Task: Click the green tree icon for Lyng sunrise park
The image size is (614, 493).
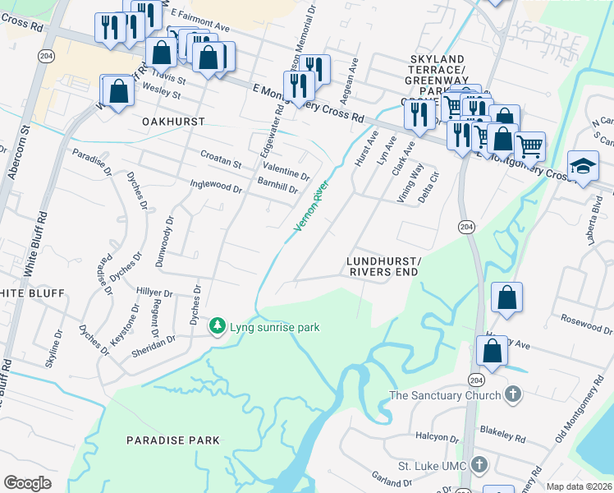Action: click(x=218, y=327)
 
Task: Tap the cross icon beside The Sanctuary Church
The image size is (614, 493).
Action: click(x=513, y=395)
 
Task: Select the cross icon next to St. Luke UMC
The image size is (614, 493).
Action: click(x=480, y=466)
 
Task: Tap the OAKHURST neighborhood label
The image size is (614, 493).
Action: click(x=172, y=120)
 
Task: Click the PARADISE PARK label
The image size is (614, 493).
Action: click(x=173, y=440)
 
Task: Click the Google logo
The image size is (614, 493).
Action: click(x=27, y=483)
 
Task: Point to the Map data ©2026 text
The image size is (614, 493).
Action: click(x=579, y=486)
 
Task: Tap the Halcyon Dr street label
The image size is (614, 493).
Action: click(x=437, y=439)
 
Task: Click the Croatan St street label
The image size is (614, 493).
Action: click(x=221, y=159)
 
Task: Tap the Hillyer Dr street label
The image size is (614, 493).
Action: click(x=154, y=293)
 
